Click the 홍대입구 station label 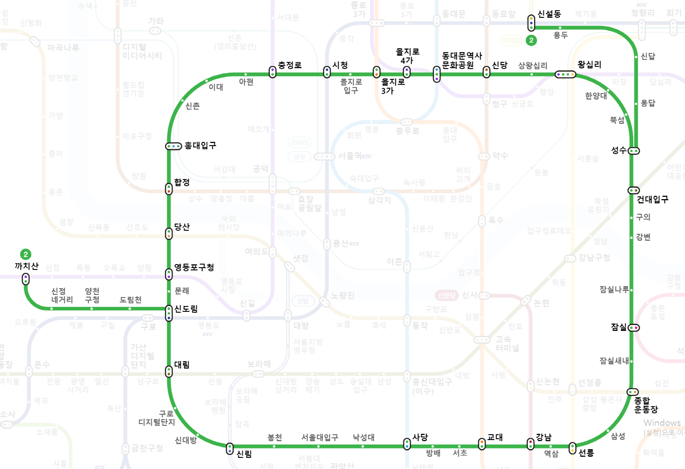point(200,146)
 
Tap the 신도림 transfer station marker point(169,313)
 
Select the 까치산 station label point(27,266)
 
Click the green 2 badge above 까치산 point(26,254)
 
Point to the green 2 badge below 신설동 point(531,41)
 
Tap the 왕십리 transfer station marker point(565,74)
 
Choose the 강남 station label point(544,437)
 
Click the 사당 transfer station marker point(407,444)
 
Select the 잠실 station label point(619,327)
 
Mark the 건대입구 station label point(652,200)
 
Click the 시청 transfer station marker point(327,72)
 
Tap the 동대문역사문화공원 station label point(462,61)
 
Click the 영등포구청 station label point(194,267)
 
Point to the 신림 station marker point(230,449)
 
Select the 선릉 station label point(586,453)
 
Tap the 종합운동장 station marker point(632,392)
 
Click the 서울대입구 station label point(320,437)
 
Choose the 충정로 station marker point(272,72)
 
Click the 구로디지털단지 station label point(157,418)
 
